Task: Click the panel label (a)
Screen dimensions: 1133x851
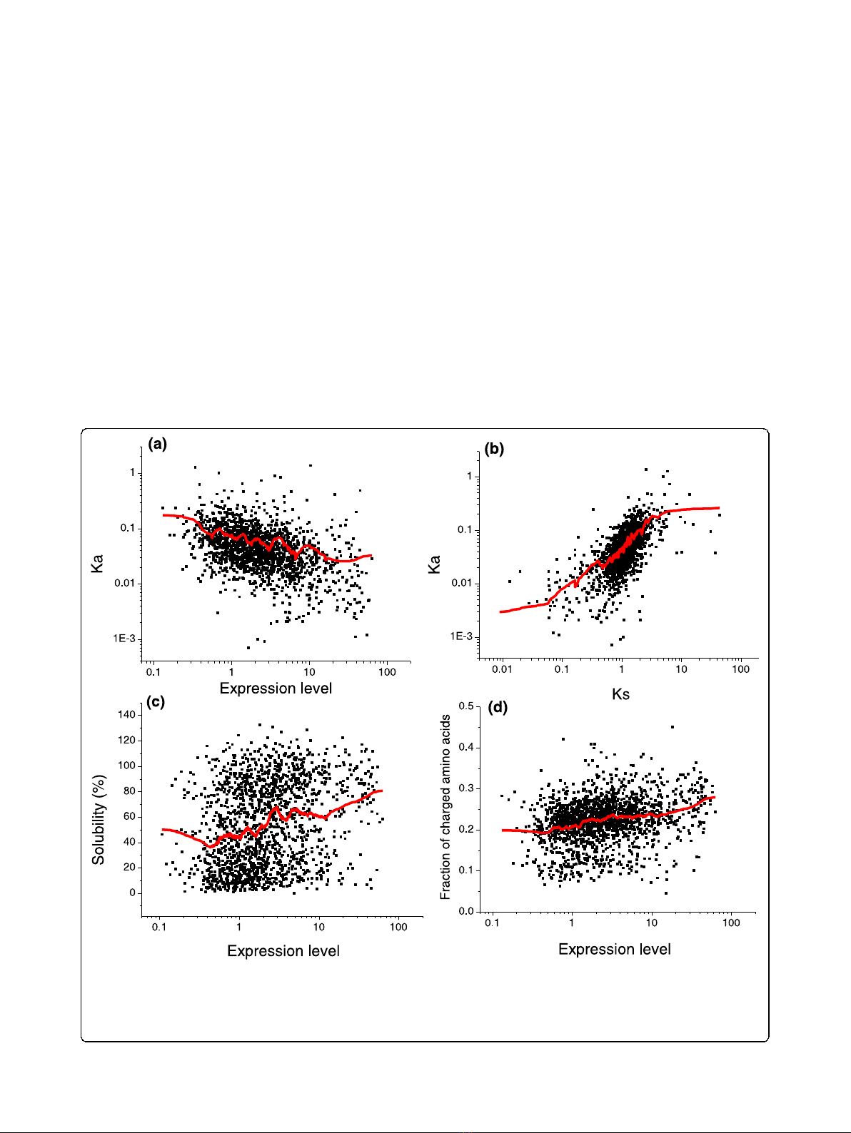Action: pos(157,444)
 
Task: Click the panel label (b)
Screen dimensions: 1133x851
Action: pos(494,449)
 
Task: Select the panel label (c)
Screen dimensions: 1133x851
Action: pos(156,702)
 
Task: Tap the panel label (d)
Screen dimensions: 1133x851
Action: pos(498,708)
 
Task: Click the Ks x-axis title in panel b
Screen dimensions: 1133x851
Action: pos(620,694)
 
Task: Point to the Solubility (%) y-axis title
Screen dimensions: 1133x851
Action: pos(99,820)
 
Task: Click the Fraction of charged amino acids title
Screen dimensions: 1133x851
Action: pos(446,807)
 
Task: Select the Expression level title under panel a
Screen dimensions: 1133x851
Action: pos(276,689)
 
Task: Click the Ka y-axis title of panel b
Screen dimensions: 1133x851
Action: pos(434,564)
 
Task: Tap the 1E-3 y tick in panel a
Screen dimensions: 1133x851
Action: pos(124,639)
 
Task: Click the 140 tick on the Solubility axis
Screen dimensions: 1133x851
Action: pos(126,715)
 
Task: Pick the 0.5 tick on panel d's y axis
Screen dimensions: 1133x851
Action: pos(466,706)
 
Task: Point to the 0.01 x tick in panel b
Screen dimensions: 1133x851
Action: pos(502,669)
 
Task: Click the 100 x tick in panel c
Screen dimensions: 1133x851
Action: pos(398,927)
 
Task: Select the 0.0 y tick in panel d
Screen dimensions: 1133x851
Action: pos(466,911)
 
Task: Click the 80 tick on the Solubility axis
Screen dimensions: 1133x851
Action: pos(129,791)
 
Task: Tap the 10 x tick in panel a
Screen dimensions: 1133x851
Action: pos(309,672)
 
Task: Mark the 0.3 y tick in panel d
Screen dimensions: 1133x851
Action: pos(466,788)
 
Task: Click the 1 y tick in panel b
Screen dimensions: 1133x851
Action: pos(469,476)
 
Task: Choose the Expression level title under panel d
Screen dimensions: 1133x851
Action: pos(615,950)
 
